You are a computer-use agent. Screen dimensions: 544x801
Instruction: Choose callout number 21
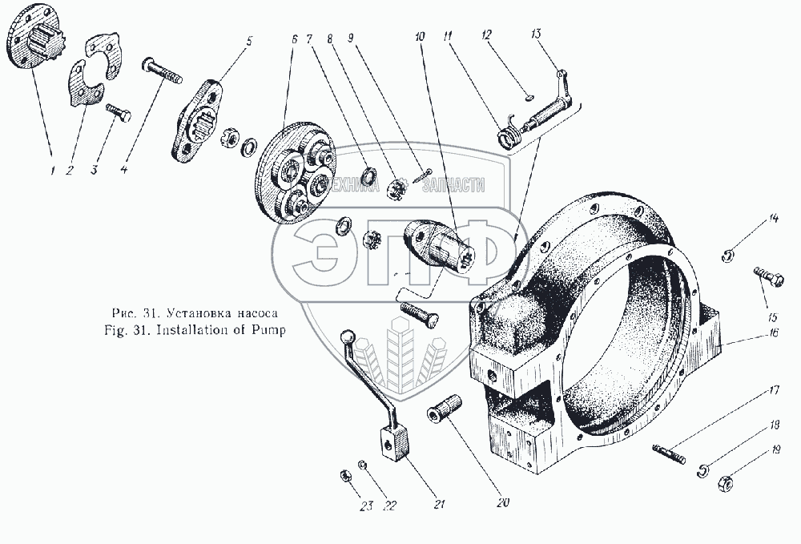click(438, 504)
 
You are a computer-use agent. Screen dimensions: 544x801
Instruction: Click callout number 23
click(367, 506)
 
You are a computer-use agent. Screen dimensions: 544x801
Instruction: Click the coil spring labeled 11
click(507, 138)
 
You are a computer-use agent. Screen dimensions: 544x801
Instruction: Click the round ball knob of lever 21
click(348, 336)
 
